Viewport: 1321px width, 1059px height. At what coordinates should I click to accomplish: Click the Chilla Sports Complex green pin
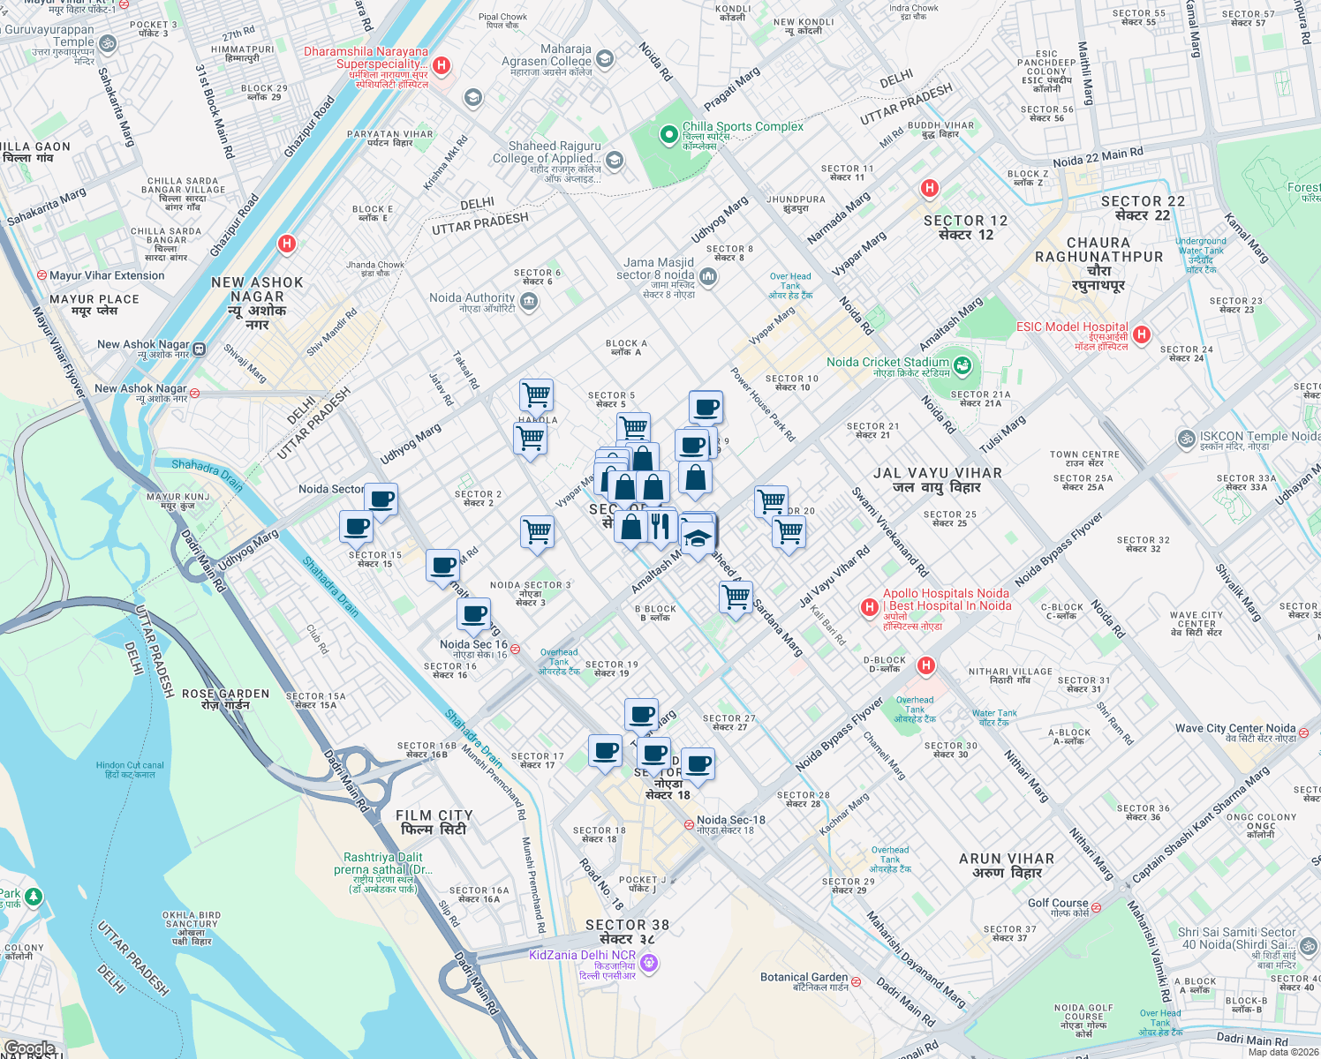coord(668,135)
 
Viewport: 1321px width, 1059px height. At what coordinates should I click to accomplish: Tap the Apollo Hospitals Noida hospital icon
coord(870,607)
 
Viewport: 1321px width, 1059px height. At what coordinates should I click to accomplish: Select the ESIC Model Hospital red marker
coord(1142,334)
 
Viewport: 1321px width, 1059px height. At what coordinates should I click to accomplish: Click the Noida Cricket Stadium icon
coord(962,364)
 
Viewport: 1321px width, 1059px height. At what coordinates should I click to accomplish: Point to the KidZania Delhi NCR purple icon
coord(650,963)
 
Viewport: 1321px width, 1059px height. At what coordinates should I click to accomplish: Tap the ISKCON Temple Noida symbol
coord(1186,438)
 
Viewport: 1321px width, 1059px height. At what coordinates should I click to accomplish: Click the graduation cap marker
coord(697,537)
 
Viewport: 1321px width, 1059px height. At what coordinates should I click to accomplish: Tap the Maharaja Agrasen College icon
coord(605,59)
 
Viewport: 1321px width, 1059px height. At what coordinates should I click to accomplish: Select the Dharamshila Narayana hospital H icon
coord(442,65)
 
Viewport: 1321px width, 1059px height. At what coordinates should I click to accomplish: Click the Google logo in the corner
coord(30,1048)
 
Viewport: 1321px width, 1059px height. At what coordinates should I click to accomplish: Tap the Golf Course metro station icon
coord(1096,906)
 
